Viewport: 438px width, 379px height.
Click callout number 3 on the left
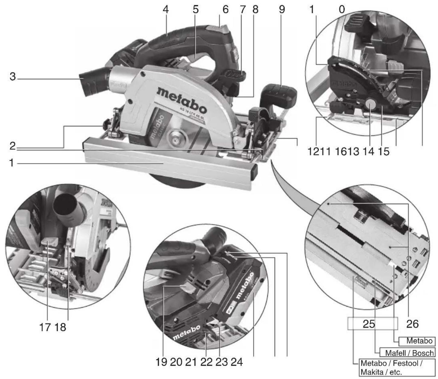pos(12,76)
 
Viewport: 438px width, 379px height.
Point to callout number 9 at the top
pos(282,10)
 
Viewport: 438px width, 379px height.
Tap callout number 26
pos(412,324)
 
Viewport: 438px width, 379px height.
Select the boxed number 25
pos(369,324)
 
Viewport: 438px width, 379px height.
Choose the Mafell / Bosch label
pos(409,352)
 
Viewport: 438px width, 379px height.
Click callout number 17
pos(45,327)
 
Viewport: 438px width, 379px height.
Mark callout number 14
pos(368,151)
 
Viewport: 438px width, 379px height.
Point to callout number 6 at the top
pos(225,10)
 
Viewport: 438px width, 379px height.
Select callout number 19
pos(161,362)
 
